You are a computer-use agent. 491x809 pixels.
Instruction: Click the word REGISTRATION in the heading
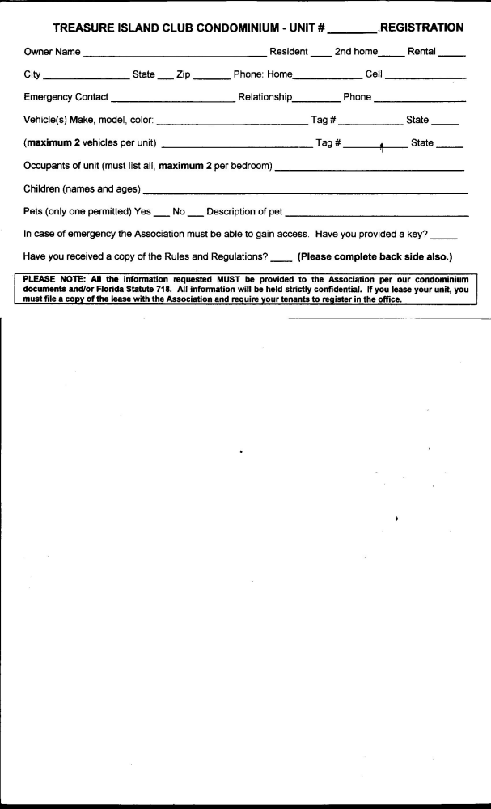[421, 28]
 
